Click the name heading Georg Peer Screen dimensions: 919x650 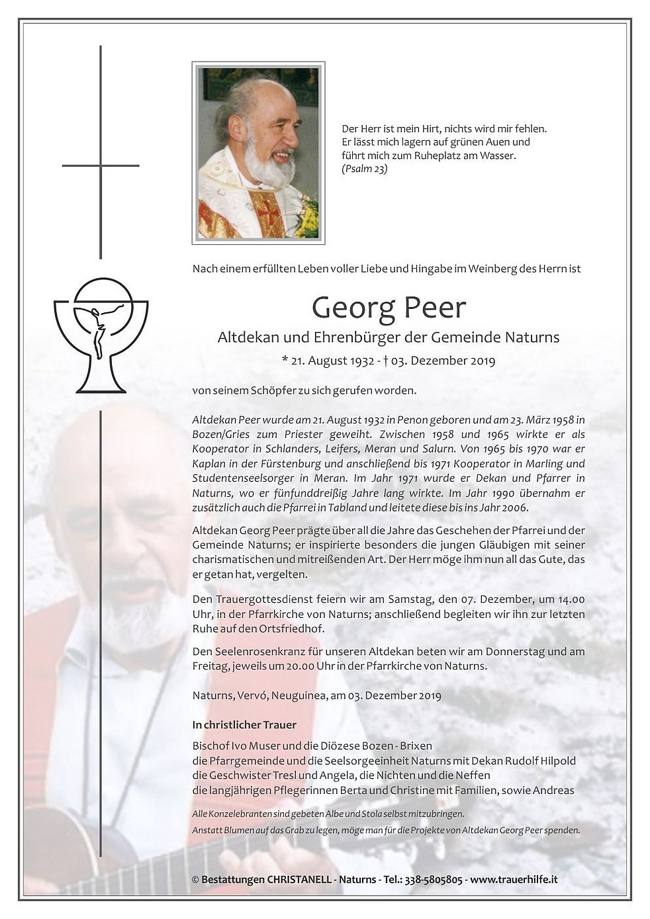tap(389, 308)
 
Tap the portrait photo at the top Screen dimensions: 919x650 tap(258, 152)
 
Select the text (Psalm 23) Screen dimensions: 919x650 tap(365, 169)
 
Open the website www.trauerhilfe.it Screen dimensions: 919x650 tap(514, 880)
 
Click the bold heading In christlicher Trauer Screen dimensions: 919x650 tap(244, 724)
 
